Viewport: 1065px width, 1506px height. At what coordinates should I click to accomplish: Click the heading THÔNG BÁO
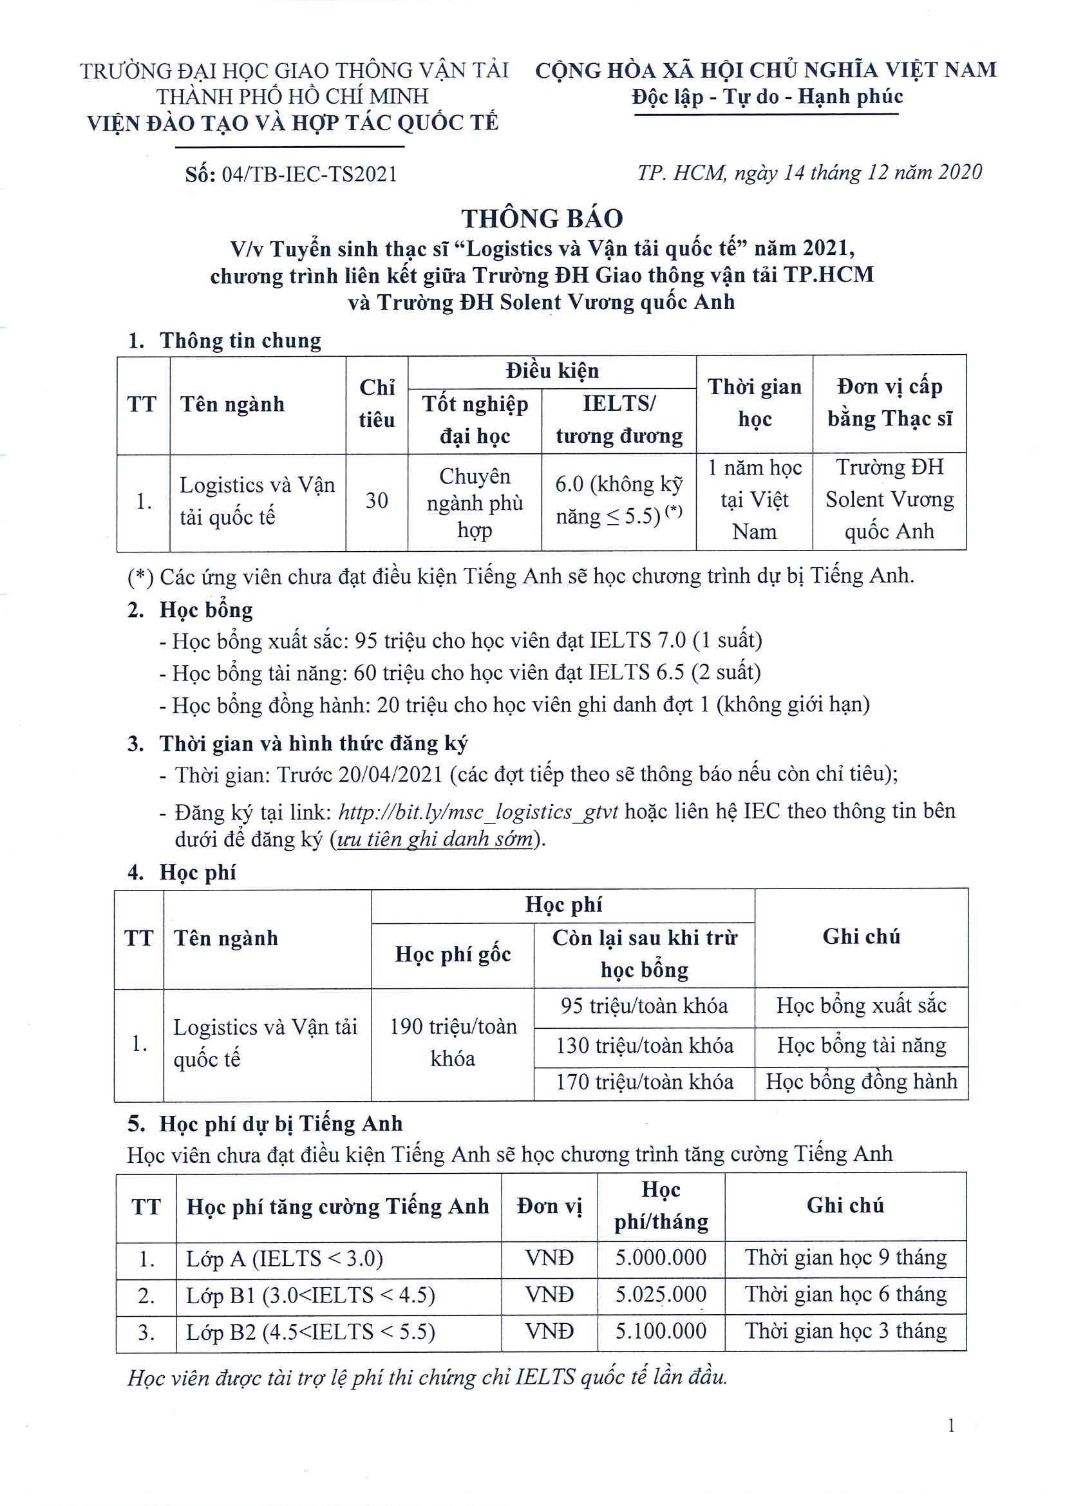(x=542, y=218)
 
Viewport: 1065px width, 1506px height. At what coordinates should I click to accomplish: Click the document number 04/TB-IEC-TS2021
(x=310, y=174)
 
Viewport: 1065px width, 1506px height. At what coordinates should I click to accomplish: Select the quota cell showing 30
(x=377, y=501)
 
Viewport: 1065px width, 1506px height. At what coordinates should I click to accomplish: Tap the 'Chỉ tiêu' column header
(x=377, y=404)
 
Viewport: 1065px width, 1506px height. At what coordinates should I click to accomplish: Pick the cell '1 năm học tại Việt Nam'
(x=754, y=500)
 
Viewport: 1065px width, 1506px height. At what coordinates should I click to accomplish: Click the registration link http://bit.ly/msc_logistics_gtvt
(x=478, y=812)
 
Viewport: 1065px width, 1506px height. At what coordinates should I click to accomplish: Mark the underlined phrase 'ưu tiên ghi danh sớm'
(x=434, y=839)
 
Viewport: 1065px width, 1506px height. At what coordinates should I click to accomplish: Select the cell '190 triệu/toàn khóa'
(x=453, y=1043)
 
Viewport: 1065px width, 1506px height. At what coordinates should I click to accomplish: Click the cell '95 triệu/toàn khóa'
(x=644, y=1006)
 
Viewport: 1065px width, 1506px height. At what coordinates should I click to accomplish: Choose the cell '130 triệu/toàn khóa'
(x=644, y=1046)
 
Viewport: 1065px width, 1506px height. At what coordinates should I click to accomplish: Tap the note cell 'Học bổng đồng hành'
(x=861, y=1082)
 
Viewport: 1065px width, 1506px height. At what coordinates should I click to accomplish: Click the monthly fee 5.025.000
(x=661, y=1294)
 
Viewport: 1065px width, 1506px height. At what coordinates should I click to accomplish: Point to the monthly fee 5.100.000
(x=661, y=1331)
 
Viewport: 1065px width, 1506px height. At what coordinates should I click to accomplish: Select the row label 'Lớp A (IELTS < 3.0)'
(x=285, y=1258)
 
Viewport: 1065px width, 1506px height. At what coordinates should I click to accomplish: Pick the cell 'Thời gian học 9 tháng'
(x=845, y=1257)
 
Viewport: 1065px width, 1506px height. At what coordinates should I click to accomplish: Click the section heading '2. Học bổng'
(x=190, y=610)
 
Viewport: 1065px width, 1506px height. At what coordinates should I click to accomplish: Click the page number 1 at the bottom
(x=951, y=1426)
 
